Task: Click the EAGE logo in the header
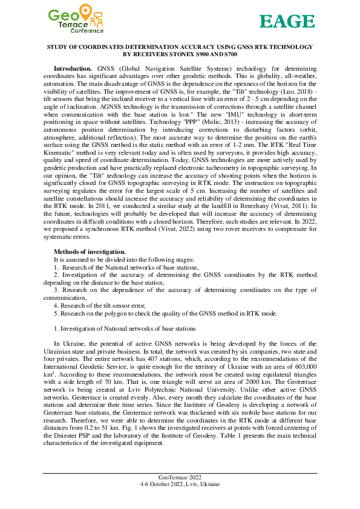[287, 22]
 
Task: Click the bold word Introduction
[74, 69]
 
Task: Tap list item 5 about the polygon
[165, 314]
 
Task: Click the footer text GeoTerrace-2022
[180, 478]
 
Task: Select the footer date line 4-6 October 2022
[180, 484]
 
